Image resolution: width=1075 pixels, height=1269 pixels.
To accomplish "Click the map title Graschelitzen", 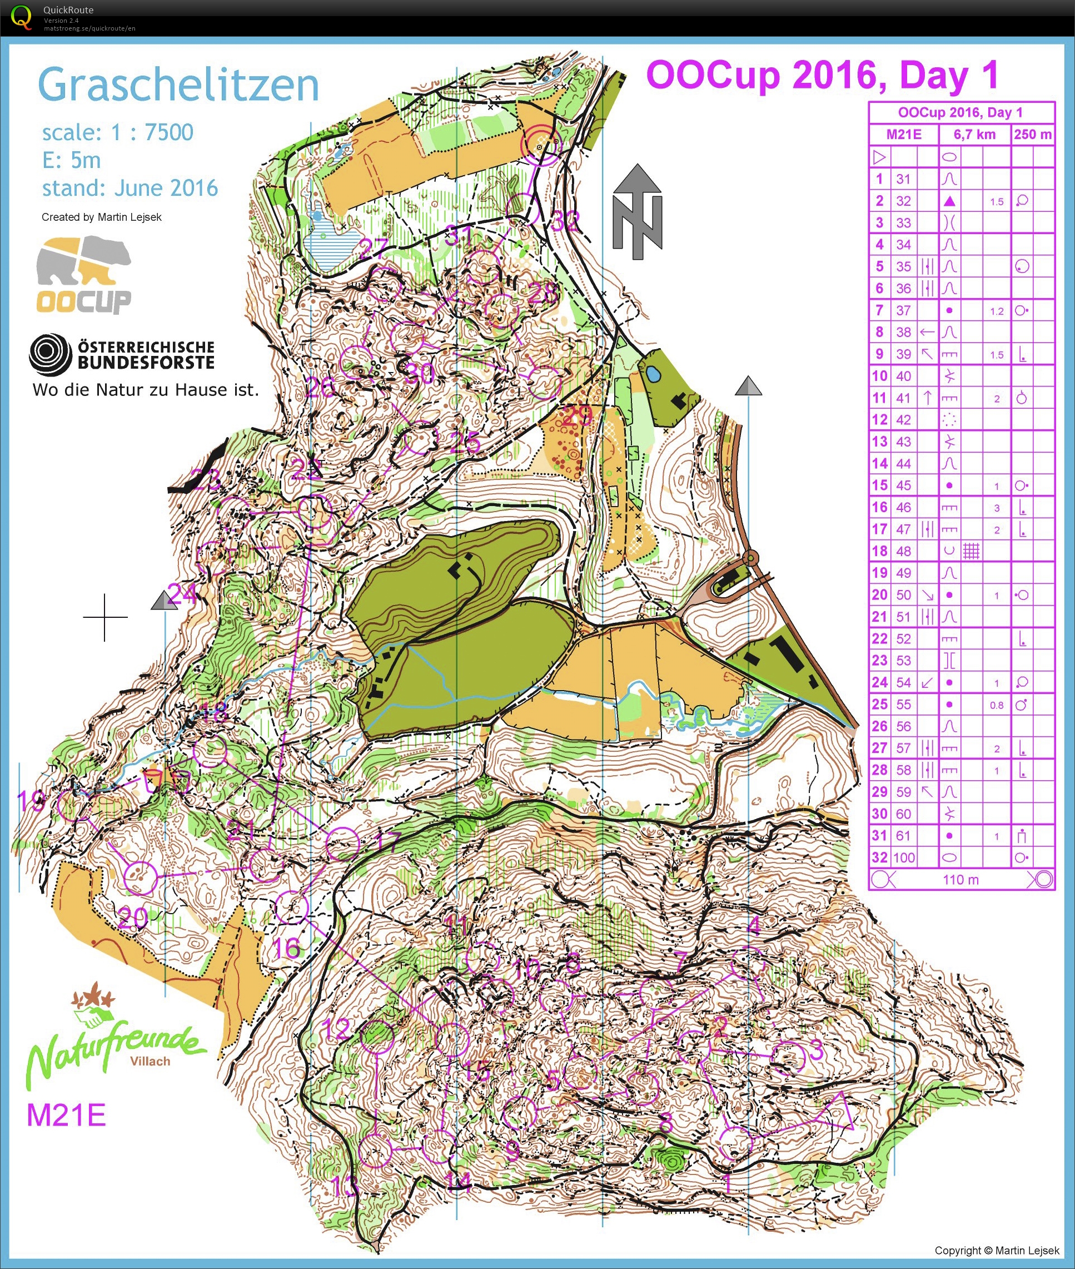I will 178,85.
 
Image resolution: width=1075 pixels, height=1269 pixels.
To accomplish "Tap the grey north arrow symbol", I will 637,210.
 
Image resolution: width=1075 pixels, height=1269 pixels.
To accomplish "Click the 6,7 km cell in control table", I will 974,135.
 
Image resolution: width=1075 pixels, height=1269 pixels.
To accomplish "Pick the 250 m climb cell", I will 1032,135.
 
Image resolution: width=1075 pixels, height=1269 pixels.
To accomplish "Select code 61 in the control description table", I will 903,836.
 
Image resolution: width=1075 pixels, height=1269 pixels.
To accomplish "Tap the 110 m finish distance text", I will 960,880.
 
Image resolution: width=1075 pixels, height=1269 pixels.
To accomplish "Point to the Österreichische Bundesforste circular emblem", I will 51,354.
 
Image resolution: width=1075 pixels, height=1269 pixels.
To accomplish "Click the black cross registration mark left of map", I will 105,617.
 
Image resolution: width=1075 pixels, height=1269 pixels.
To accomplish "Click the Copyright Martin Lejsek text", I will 997,1251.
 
